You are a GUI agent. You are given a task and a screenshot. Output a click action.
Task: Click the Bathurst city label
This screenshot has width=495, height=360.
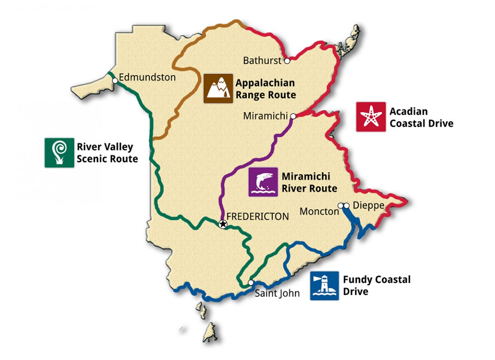pyautogui.click(x=262, y=61)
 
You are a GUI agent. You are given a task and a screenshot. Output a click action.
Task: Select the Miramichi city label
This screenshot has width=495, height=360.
pyautogui.click(x=265, y=116)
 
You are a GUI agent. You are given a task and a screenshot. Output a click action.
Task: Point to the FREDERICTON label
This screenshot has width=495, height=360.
pyautogui.click(x=258, y=216)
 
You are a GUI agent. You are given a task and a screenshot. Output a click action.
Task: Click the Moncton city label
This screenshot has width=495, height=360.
pyautogui.click(x=319, y=212)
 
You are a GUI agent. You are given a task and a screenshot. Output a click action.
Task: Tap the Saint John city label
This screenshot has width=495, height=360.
pyautogui.click(x=277, y=294)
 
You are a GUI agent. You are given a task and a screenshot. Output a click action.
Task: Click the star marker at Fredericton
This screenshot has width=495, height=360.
pyautogui.click(x=223, y=224)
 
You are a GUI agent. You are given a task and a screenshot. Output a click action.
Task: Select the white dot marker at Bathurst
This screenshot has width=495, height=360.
pyautogui.click(x=287, y=61)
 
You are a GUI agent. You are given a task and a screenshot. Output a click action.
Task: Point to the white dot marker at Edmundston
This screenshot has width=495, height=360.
pyautogui.click(x=115, y=80)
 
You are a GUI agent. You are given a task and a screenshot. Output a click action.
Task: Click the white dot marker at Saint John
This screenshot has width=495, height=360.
pyautogui.click(x=250, y=282)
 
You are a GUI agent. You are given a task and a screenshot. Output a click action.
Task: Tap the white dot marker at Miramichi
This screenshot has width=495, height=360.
pyautogui.click(x=293, y=116)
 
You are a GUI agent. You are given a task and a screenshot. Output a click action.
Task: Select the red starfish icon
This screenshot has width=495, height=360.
pyautogui.click(x=371, y=117)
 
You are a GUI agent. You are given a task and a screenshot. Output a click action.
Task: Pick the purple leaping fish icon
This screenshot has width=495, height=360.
pyautogui.click(x=263, y=182)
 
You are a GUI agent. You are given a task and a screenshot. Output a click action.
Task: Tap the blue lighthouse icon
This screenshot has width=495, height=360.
pyautogui.click(x=325, y=285)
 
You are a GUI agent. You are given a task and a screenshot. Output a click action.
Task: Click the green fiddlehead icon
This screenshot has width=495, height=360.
pyautogui.click(x=59, y=153)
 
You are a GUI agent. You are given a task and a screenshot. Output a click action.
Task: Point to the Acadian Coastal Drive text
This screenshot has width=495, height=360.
pyautogui.click(x=421, y=117)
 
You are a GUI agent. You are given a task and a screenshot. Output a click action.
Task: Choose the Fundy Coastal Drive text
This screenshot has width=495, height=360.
pyautogui.click(x=377, y=285)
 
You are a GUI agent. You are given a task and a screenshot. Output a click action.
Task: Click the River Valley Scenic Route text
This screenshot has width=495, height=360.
pyautogui.click(x=107, y=153)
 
